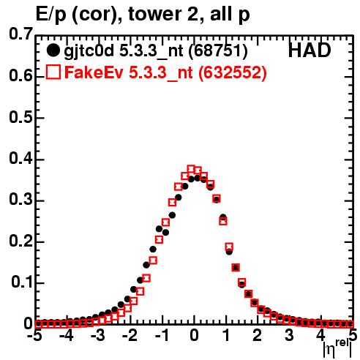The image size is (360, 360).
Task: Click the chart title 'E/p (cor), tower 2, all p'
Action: coord(143,15)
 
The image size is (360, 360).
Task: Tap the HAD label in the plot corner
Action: coord(310,50)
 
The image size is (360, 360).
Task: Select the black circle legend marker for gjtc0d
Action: coord(53,51)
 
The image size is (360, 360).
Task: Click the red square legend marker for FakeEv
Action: coord(53,72)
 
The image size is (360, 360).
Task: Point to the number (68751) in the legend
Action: coord(218,51)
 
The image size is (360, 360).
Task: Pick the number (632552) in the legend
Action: coord(233,72)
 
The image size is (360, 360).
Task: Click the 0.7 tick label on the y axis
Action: coord(20,34)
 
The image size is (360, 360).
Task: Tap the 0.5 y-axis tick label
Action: coord(20,118)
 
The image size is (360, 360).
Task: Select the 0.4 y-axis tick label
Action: coord(20,159)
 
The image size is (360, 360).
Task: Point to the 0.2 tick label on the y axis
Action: coord(20,241)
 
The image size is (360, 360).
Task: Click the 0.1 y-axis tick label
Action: coord(21,282)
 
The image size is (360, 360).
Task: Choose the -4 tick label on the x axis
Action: coord(67,336)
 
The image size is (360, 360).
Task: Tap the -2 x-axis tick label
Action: coord(130,336)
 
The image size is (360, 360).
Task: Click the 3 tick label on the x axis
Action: coord(289,336)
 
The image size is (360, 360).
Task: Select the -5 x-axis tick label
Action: coord(34,336)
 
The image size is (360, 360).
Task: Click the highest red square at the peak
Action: coord(191,169)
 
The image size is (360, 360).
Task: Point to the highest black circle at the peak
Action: coord(198,179)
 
